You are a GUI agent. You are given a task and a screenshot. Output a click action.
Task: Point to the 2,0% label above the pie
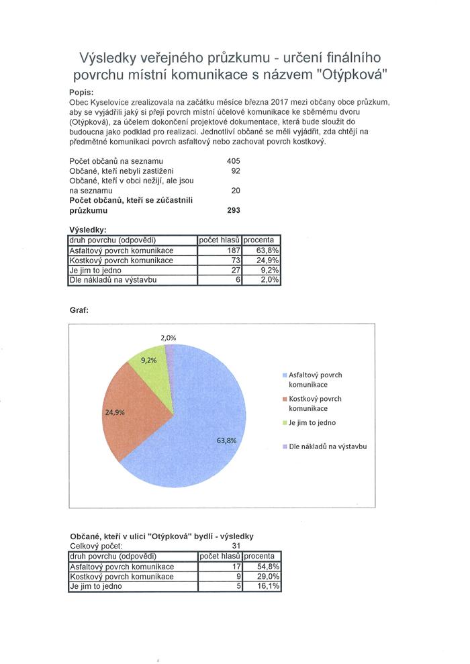(x=169, y=338)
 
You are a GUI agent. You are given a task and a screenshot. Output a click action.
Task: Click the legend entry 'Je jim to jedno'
(x=312, y=423)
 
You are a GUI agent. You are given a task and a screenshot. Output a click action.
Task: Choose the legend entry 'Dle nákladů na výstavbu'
(x=328, y=446)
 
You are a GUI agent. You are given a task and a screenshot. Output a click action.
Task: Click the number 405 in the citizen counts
(x=233, y=161)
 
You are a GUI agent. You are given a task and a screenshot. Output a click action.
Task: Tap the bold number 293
(x=233, y=210)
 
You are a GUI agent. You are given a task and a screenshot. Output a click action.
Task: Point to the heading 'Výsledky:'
(x=88, y=230)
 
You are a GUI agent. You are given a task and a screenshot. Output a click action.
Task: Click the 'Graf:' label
(x=79, y=311)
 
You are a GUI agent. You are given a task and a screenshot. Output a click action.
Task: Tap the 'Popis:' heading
(x=81, y=92)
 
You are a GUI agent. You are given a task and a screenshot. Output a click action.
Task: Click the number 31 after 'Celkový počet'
(x=236, y=547)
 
